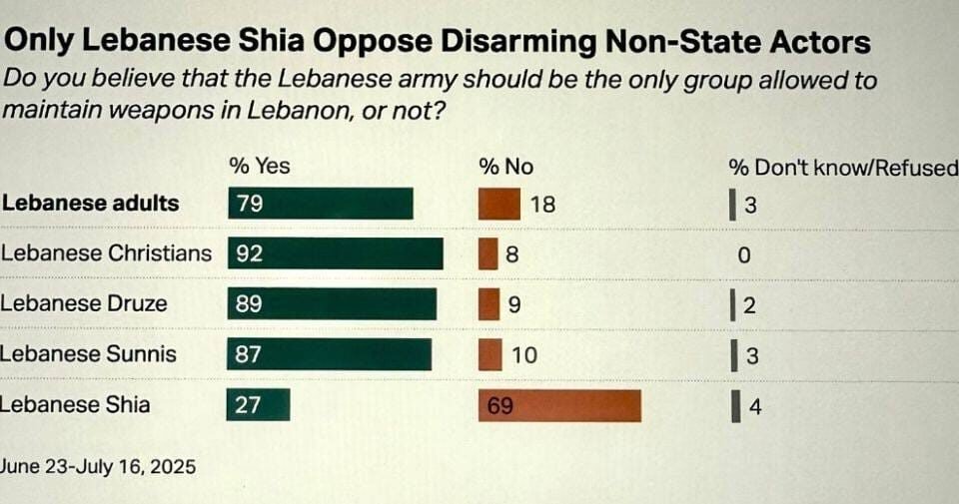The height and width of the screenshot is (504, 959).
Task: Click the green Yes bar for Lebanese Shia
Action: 258,404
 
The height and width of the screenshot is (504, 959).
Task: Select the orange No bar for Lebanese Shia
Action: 559,405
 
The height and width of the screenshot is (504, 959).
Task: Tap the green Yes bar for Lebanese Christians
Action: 335,253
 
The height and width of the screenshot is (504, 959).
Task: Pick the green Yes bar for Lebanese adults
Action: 320,204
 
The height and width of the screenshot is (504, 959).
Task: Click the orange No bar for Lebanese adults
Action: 499,204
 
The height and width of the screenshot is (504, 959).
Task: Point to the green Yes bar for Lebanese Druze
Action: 332,304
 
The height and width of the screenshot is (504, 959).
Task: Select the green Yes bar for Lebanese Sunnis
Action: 330,354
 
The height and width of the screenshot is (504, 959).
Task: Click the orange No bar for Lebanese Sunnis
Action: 490,354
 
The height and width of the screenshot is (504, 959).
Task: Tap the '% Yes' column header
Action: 260,166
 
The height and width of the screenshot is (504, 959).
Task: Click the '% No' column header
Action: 506,166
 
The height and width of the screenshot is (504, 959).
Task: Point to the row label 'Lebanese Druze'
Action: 84,303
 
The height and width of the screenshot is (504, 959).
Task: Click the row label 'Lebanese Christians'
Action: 106,253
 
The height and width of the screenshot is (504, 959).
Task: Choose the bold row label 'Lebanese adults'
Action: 90,204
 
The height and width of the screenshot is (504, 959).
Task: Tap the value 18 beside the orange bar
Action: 542,205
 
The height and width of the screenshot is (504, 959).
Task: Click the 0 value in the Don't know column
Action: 743,255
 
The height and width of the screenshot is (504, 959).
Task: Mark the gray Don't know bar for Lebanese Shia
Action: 736,406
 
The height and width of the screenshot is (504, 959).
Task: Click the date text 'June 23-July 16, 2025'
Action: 98,466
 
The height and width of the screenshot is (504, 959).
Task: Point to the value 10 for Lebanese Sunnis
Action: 523,355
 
